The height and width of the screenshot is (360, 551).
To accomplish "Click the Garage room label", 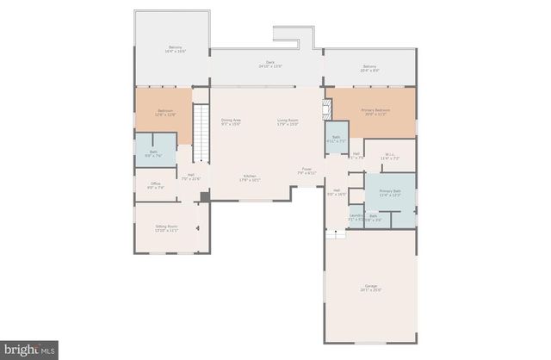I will (370, 288).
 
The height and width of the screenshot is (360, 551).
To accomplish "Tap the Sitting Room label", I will (166, 228).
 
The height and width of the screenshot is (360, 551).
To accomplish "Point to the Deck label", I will (269, 65).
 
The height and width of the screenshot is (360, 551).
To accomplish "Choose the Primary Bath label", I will (390, 192).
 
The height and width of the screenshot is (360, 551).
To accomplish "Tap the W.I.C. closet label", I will (390, 157).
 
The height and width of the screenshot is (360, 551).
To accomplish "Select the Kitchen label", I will (251, 178).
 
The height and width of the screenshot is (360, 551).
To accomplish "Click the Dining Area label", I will (230, 122).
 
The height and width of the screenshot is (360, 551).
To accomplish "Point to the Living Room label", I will (287, 122).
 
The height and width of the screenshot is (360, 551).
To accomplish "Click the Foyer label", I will (306, 171).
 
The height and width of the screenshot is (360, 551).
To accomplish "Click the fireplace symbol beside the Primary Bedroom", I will (325, 109).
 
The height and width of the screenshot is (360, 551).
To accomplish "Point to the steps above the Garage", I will (331, 234).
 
